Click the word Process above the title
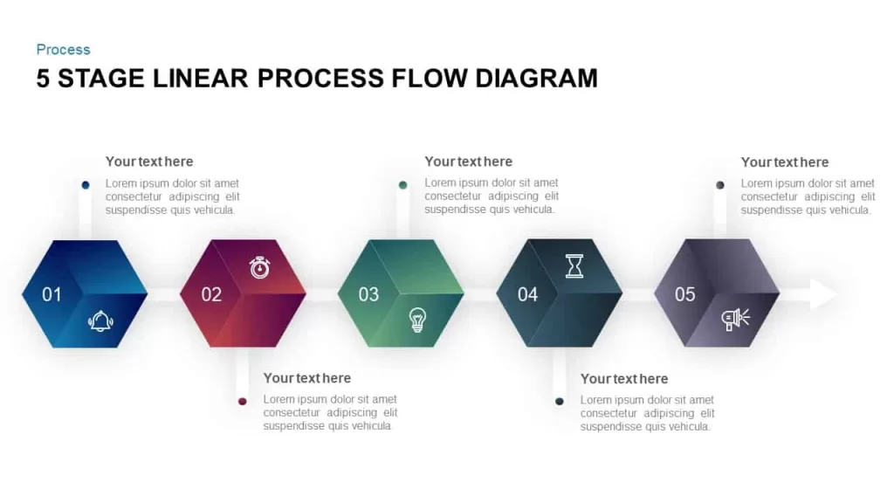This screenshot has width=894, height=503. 63,50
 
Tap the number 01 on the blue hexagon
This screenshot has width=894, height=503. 52,294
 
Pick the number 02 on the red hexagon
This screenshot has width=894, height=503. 211,294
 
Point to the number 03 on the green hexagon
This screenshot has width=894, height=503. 369,294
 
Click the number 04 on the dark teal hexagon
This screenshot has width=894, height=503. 528,294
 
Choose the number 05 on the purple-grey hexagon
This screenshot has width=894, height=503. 685,294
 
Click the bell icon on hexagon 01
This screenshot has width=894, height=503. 100,321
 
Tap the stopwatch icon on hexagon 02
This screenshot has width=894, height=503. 259,267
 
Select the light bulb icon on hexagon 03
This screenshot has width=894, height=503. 418,320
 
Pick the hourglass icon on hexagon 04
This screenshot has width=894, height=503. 574,266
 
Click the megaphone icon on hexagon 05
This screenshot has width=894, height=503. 735,320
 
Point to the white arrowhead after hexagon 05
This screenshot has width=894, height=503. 824,294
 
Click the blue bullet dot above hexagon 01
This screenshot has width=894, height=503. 86,185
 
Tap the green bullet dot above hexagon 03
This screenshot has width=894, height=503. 403,185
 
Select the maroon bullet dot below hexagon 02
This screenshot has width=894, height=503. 243,402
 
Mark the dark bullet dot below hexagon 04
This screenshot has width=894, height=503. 560,402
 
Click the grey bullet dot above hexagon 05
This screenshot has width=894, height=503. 720,185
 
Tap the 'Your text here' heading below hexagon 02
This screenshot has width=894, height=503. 307,378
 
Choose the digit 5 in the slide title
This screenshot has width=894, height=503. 43,78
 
